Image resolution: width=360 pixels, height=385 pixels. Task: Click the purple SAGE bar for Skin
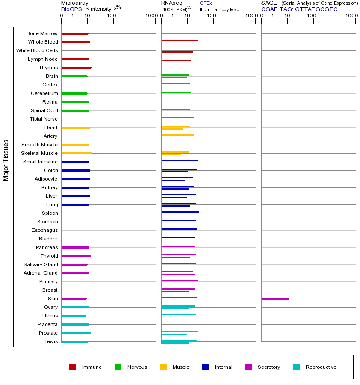coord(275,299)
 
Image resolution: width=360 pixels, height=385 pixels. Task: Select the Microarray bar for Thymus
coord(77,68)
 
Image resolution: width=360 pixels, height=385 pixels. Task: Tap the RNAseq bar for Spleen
coord(180,212)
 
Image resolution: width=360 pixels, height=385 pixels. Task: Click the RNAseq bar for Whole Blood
coord(180,41)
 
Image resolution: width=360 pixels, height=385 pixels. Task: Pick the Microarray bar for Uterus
coord(73,316)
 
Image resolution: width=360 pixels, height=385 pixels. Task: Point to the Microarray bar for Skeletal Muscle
coord(77,153)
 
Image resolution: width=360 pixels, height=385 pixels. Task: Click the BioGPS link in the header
coord(71,9)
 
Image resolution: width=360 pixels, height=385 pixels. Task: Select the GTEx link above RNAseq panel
coord(206,3)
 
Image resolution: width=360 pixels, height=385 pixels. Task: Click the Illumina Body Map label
coord(219,9)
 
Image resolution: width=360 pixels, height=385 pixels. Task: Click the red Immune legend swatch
coord(73,367)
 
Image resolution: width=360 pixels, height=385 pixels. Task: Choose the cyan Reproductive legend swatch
coord(296,367)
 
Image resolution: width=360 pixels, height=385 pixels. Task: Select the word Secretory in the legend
coord(269,367)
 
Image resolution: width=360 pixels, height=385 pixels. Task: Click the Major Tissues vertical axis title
coord(6,160)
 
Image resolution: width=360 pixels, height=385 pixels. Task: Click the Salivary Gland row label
coord(41,264)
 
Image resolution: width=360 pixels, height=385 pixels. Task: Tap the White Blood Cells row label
coord(37,50)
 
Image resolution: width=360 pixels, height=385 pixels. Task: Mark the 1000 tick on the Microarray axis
coord(150,16)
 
